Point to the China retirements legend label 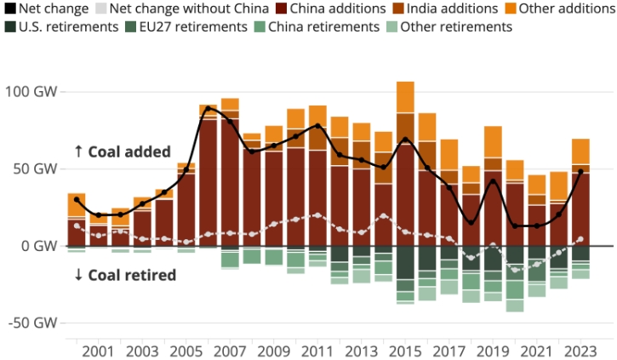(323, 26)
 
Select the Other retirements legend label (456, 26)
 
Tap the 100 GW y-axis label (30, 91)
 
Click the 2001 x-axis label (98, 351)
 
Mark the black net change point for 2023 (580, 172)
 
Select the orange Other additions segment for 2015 (405, 97)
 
